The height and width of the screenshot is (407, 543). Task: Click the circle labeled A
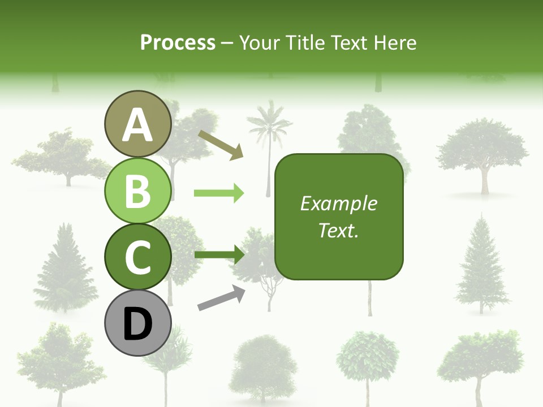click(137, 124)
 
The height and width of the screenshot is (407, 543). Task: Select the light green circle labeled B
click(137, 190)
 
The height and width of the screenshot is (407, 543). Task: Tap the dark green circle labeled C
click(137, 257)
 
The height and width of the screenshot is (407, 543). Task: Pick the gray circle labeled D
click(137, 323)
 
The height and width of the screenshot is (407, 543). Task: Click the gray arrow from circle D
click(221, 297)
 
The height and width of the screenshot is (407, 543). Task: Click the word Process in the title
click(178, 42)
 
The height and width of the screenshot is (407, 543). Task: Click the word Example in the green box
click(339, 203)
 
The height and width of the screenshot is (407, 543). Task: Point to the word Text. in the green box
click(339, 230)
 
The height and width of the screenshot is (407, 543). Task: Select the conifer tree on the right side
click(481, 266)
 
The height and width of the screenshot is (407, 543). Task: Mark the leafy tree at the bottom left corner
click(59, 362)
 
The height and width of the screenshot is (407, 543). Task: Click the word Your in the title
click(260, 42)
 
